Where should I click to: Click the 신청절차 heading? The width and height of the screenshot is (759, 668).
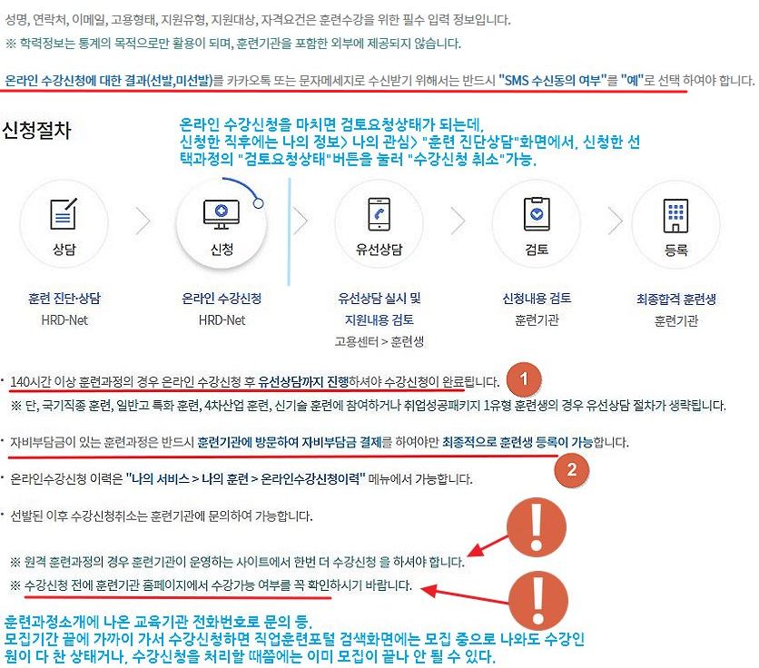point(36,130)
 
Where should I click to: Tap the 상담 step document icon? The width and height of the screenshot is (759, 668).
point(64,213)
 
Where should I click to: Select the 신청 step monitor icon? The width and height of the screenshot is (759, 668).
point(222,214)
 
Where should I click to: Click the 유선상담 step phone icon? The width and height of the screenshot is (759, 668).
point(379,214)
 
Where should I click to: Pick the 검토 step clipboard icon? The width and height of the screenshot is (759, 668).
point(537,213)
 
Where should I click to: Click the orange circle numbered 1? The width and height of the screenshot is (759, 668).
point(524,379)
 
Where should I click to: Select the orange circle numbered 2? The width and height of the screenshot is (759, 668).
point(572,469)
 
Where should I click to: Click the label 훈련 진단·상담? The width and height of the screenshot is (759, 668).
point(64,299)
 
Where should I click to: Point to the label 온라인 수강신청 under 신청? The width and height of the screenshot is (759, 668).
point(222,299)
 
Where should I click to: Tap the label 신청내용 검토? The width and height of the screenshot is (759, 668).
point(537,299)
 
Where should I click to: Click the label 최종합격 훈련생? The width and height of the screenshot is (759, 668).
point(676,299)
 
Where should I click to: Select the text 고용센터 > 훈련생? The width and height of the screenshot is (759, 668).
point(379,342)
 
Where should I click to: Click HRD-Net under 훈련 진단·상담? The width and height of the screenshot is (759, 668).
point(64,320)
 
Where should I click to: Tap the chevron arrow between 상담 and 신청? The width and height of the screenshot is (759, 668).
point(143,221)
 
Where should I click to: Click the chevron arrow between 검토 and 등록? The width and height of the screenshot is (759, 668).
point(616,221)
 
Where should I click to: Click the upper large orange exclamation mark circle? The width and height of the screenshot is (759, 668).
point(537,526)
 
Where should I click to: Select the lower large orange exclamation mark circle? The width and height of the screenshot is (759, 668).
point(537,600)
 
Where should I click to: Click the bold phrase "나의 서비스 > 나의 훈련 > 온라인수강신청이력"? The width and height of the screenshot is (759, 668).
point(246,479)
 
